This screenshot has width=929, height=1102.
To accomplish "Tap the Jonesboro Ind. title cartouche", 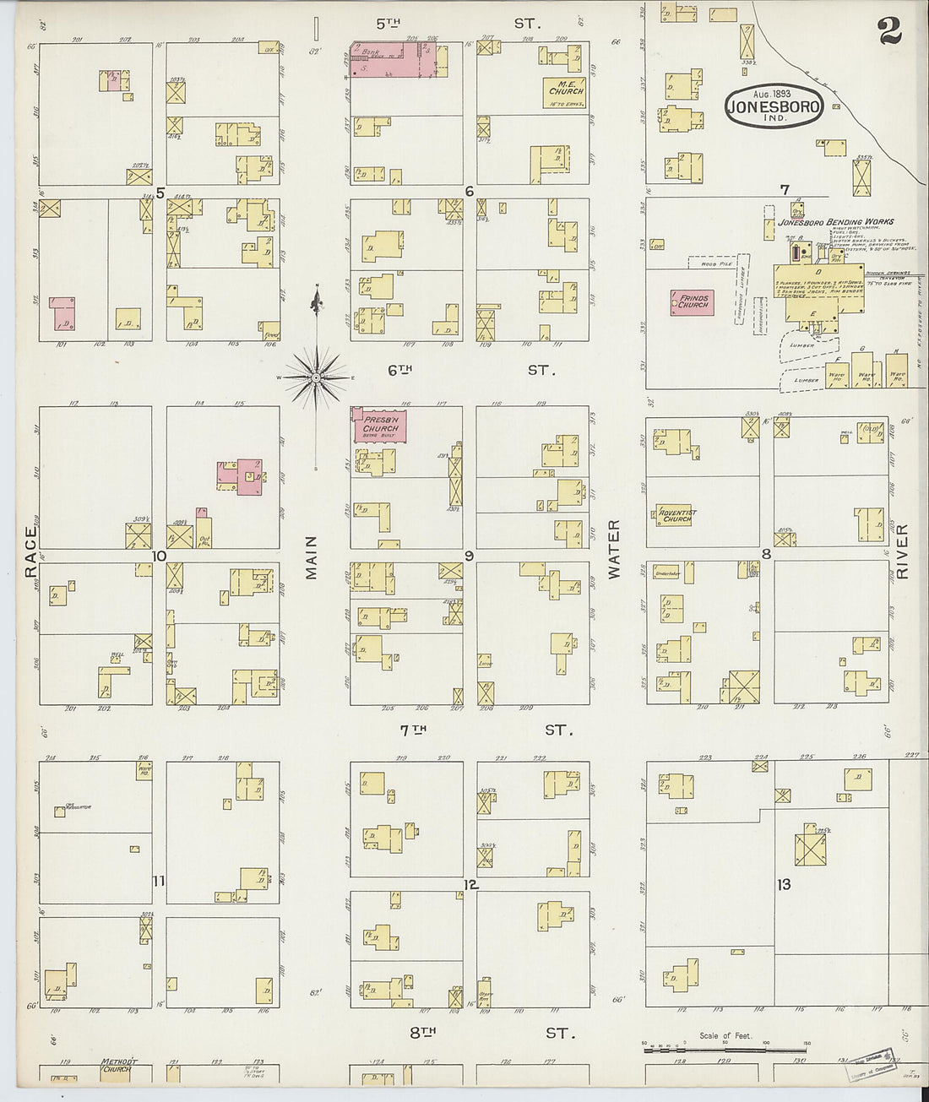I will click(x=773, y=107).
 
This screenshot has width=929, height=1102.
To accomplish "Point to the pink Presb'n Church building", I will click(x=380, y=426).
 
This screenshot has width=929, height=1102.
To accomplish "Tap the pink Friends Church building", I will click(x=692, y=301).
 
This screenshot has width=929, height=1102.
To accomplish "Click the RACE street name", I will click(x=31, y=552).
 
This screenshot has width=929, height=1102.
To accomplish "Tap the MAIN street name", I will click(x=312, y=557).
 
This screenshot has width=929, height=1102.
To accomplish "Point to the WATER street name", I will click(x=614, y=549).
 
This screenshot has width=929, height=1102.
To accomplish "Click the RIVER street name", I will click(x=901, y=551).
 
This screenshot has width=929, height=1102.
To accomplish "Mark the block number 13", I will click(x=784, y=884).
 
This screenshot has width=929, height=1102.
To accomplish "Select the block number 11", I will click(x=159, y=882).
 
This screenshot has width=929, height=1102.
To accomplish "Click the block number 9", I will click(x=468, y=555).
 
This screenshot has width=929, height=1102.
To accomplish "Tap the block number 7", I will click(x=785, y=188).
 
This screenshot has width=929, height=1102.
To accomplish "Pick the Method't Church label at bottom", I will click(x=117, y=1065).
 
